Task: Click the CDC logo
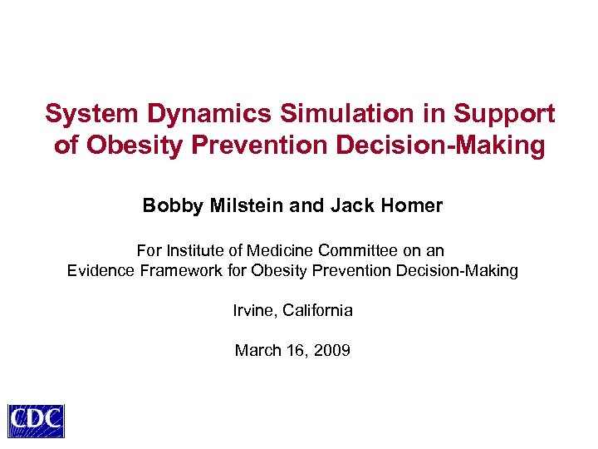point(36,421)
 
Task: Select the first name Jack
point(350,205)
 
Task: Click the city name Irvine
point(254,310)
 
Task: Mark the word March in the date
point(257,350)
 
